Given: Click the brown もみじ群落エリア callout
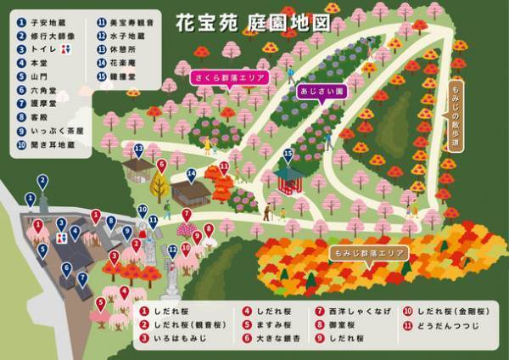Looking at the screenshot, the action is [x=368, y=253].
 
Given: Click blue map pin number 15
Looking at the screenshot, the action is [x=288, y=155].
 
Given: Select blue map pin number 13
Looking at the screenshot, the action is [x=138, y=150].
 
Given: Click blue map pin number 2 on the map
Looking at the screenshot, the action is [x=42, y=181].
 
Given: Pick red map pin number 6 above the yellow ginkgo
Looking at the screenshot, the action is [x=161, y=166].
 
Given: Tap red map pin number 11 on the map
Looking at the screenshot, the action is [x=224, y=168].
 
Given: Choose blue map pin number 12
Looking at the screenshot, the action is [x=172, y=250].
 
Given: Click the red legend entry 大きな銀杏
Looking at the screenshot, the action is [x=271, y=339].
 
